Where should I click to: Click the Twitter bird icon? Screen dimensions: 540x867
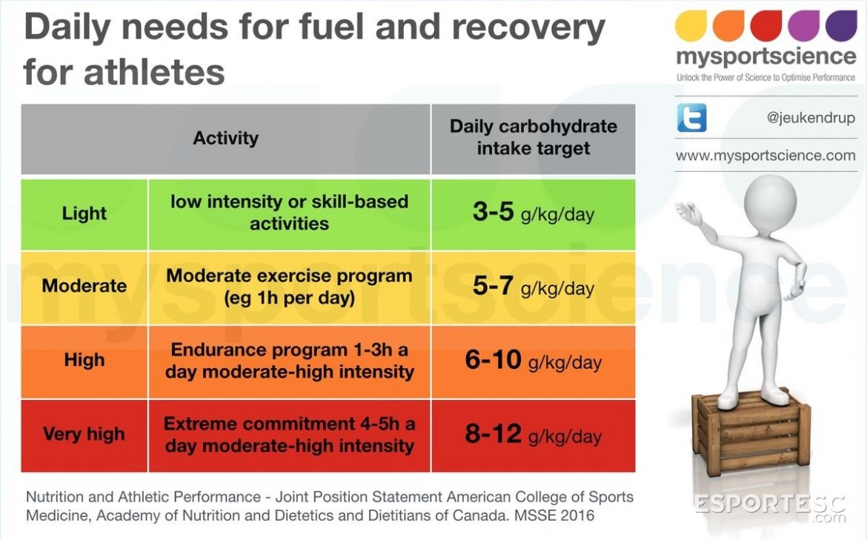691,118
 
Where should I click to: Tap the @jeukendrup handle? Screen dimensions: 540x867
810,118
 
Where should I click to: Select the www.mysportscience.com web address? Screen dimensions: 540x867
765,156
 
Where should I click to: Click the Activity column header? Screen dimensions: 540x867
225,138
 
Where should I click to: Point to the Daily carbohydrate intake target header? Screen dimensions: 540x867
533,137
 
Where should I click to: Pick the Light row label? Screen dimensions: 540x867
84,213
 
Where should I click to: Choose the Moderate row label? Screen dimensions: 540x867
84,286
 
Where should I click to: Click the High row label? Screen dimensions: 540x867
84,360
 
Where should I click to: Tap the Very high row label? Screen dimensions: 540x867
84,434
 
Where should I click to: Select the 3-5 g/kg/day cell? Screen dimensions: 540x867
533,213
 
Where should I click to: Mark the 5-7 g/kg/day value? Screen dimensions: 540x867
533,287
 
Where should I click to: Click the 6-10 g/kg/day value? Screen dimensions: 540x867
533,361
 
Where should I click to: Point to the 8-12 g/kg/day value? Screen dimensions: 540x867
533,435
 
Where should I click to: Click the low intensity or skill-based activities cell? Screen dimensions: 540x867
289,213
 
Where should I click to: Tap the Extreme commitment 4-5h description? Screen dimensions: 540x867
289,435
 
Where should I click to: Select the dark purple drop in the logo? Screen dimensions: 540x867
840,25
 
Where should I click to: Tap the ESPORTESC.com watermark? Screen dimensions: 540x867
770,507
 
